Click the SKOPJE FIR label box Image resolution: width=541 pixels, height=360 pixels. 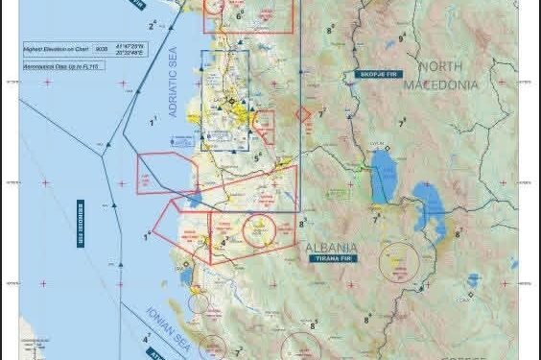pyautogui.click(x=375, y=74)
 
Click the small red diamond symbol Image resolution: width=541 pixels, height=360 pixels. pyautogui.click(x=303, y=113)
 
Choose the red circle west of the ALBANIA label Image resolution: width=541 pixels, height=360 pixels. pyautogui.click(x=258, y=229)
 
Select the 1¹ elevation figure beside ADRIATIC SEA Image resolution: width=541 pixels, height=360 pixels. pyautogui.click(x=154, y=123)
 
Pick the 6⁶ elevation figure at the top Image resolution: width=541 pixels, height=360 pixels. pyautogui.click(x=239, y=15)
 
